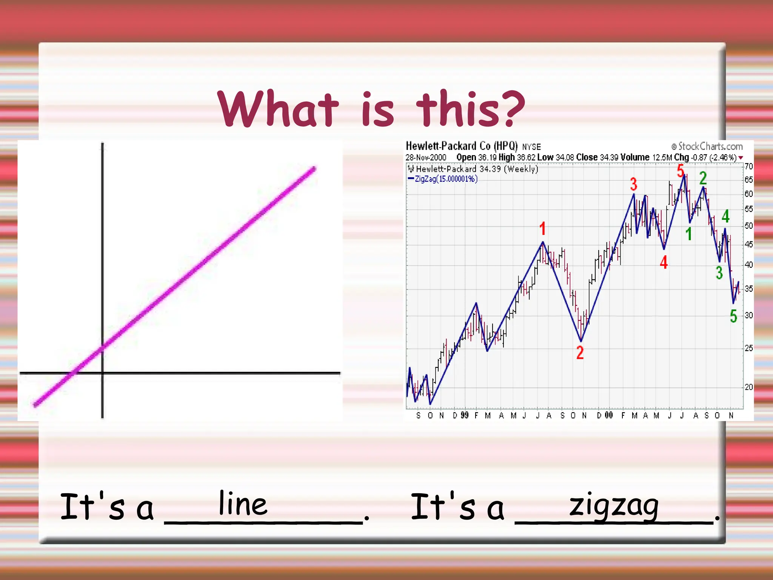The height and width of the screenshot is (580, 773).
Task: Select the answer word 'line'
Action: [x=243, y=504]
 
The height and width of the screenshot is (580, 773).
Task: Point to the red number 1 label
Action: [x=542, y=229]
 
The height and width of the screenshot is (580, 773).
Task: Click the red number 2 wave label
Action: [x=580, y=353]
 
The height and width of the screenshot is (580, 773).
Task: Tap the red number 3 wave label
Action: [x=634, y=185]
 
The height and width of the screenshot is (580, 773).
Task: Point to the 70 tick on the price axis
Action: [x=748, y=167]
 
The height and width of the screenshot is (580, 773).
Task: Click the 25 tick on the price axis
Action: [x=748, y=348]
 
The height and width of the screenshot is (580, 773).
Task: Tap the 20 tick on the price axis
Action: [x=748, y=387]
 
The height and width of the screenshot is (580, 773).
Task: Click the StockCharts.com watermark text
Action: [x=710, y=147]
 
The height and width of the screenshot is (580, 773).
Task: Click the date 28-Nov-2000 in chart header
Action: [x=426, y=157]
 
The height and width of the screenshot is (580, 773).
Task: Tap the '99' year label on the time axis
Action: [x=465, y=415]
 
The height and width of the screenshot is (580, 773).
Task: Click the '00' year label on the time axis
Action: [x=609, y=415]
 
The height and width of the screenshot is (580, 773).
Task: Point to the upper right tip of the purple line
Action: [x=314, y=169]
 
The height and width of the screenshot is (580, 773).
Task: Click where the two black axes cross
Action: [x=102, y=373]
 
